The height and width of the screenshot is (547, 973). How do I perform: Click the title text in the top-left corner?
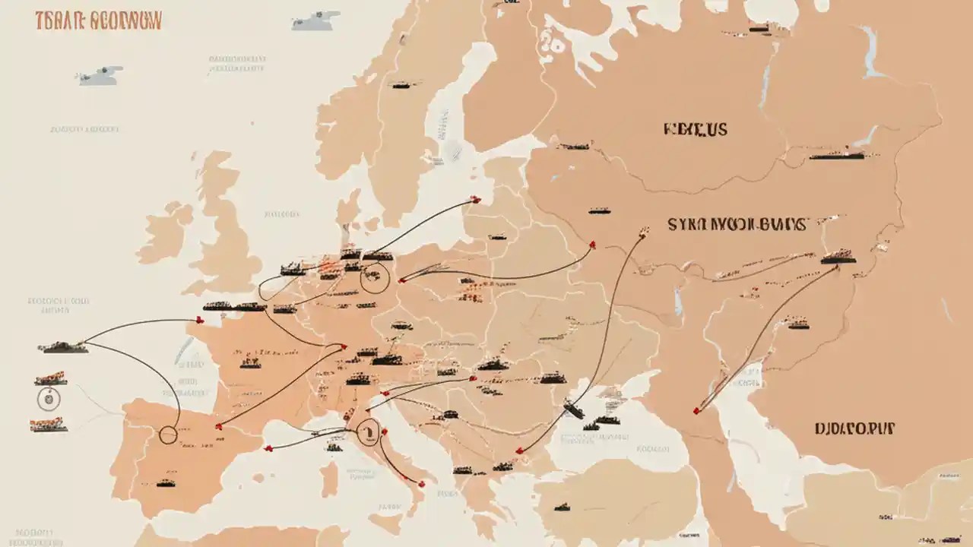pos(98,21)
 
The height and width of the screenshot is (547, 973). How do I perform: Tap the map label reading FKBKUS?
pos(695,129)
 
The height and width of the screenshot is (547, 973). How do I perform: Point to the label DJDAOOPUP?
pos(854,428)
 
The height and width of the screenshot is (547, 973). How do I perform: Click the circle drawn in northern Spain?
pos(168,435)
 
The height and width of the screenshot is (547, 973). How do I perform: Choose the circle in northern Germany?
pos(374,279)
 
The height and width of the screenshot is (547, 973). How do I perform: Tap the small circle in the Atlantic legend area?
pos(47,397)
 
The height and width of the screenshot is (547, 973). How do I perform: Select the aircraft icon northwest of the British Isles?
pos(99,74)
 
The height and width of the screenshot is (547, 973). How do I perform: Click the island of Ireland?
pos(165,232)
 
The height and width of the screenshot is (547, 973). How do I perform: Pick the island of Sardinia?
pos(329,479)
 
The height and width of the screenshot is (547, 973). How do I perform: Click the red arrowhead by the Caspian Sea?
pos(696,411)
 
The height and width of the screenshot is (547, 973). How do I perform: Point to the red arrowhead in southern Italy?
pos(421,482)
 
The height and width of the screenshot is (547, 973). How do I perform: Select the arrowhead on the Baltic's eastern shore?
pos(476,200)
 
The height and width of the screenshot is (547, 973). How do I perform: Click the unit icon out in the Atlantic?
pos(63,346)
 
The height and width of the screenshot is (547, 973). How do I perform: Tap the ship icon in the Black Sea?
pos(574,410)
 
